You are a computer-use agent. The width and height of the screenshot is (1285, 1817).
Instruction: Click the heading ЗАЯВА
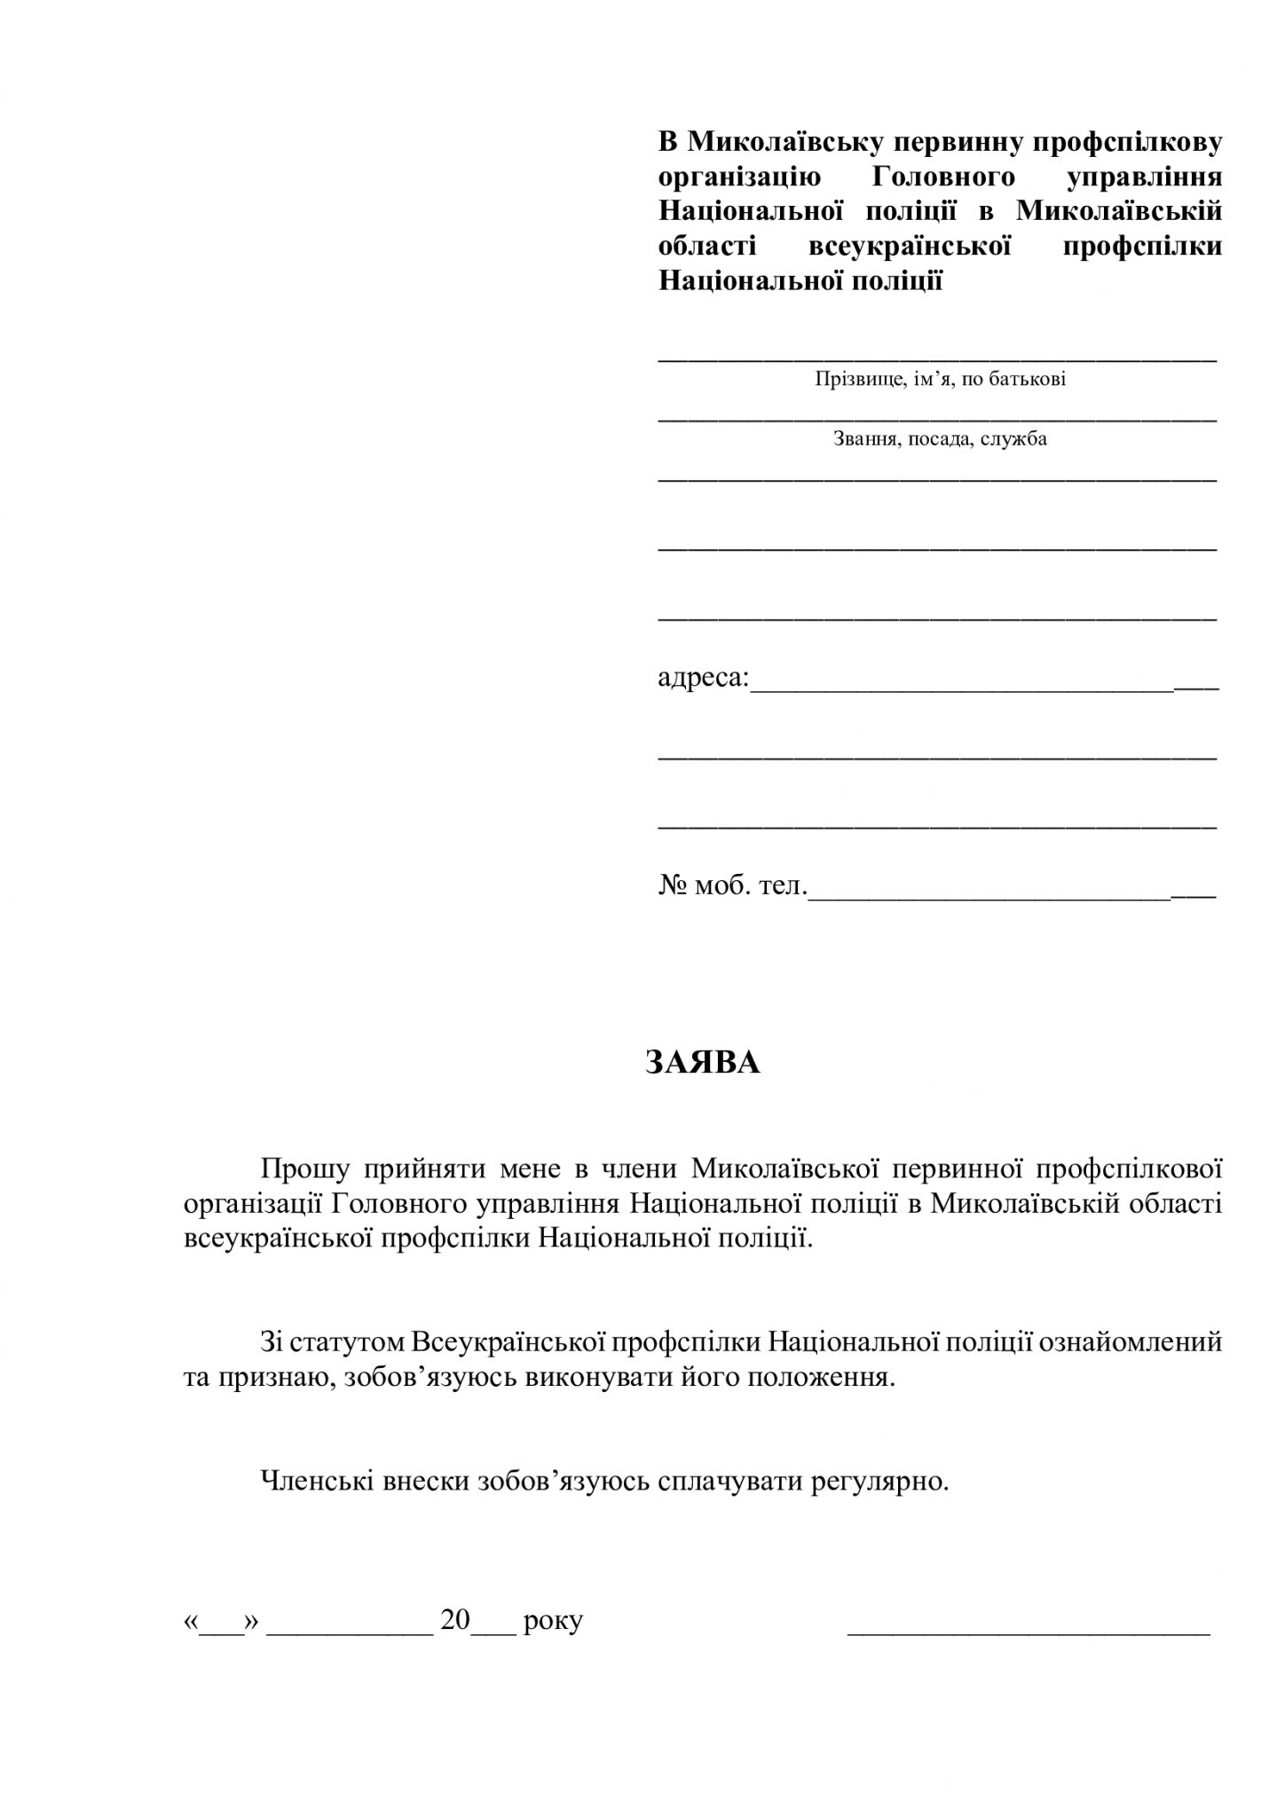(702, 1063)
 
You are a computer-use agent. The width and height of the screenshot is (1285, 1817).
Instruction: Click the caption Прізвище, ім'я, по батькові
(940, 380)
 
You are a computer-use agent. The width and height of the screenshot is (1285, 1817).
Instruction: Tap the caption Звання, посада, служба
(940, 438)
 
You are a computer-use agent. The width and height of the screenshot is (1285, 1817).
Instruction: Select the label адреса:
(704, 679)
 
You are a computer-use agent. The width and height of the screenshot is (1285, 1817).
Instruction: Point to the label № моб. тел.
(732, 885)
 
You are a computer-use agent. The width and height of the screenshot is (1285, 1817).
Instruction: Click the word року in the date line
(553, 1621)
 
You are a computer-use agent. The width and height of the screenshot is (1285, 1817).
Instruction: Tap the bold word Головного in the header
(943, 177)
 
